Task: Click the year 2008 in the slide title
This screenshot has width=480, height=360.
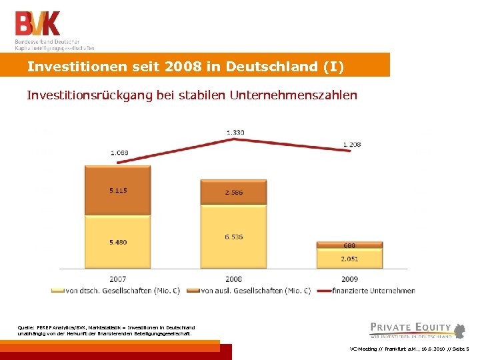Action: click(188, 67)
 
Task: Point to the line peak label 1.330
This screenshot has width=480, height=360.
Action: click(235, 132)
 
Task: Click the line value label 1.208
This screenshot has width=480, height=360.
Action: click(351, 144)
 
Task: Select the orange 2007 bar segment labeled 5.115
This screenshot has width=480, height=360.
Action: click(118, 190)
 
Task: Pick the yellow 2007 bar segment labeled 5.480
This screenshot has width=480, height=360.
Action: click(118, 241)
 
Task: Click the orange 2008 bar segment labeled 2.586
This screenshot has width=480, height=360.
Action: click(233, 192)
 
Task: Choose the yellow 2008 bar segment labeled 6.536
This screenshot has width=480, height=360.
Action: click(233, 237)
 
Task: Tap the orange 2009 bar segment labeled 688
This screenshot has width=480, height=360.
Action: click(350, 245)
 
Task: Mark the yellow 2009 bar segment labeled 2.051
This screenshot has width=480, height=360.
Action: click(350, 259)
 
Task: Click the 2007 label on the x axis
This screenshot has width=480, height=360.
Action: click(118, 279)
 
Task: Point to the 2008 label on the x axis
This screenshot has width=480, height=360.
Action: click(233, 279)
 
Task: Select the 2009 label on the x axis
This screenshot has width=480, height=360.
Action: click(350, 279)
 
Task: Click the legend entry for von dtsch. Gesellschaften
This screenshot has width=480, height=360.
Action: click(119, 290)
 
